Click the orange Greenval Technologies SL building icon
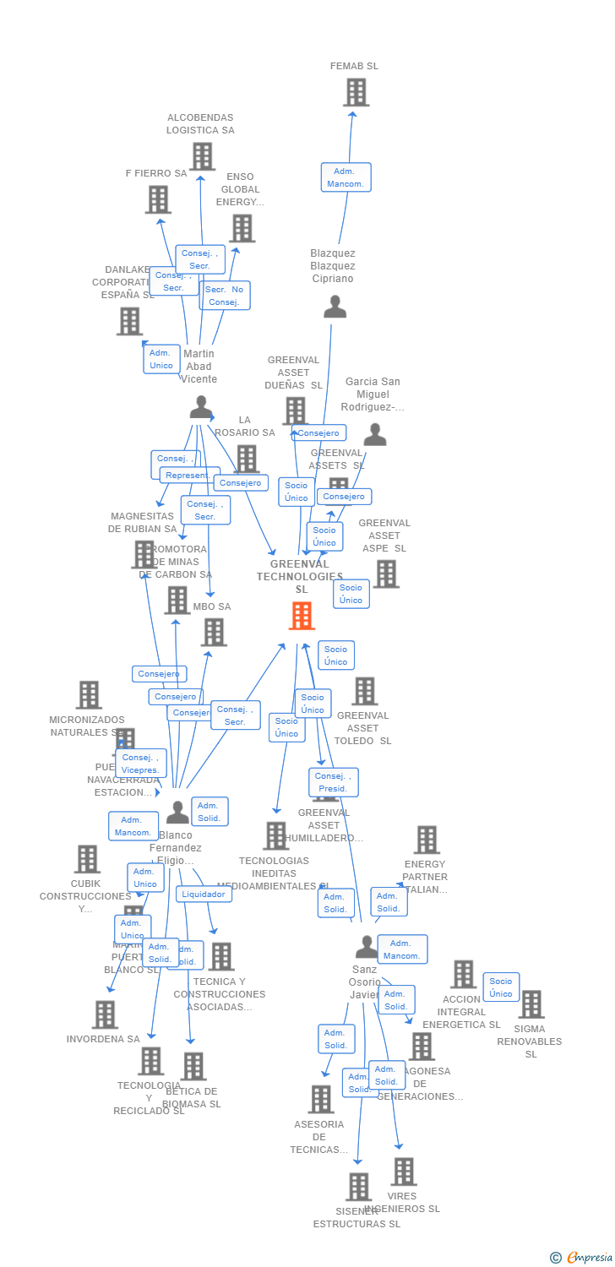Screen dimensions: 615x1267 point(302,616)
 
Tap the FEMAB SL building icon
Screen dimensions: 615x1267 point(356,92)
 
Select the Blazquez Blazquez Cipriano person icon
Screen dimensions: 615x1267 point(335,307)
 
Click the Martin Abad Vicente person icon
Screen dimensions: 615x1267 point(201,407)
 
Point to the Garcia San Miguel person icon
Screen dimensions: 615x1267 point(375,434)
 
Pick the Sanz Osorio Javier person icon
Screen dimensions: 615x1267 point(366,947)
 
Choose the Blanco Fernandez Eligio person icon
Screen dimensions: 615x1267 point(177,813)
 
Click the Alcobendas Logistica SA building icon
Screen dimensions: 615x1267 point(202,156)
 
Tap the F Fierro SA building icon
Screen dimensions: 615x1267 point(158,199)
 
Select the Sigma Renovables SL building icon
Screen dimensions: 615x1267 point(531,1004)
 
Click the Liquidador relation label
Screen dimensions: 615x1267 point(204,894)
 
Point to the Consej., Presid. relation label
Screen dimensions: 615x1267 point(333,782)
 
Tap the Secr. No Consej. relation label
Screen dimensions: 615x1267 point(225,296)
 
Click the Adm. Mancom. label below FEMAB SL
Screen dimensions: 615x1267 point(346,177)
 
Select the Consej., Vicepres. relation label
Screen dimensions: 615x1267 point(141,764)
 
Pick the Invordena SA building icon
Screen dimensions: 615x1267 point(105,1014)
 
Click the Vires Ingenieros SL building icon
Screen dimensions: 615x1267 point(404,1172)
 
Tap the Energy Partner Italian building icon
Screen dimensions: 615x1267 point(427,840)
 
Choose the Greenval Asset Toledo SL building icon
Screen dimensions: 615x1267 point(364,691)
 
